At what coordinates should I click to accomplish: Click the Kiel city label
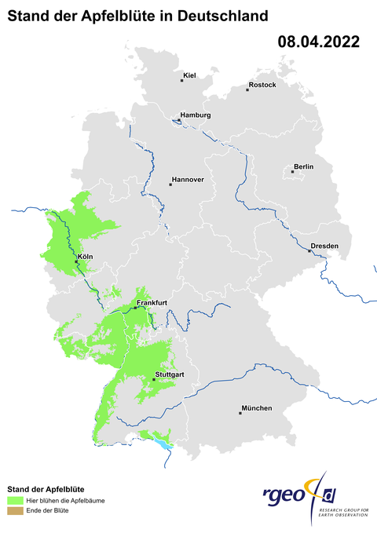click(x=189, y=76)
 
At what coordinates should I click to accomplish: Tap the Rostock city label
click(x=262, y=85)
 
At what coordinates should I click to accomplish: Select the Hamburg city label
click(x=196, y=115)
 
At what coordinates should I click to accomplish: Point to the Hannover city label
click(x=188, y=180)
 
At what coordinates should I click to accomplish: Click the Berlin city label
click(x=303, y=166)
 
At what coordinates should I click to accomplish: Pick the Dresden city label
click(x=324, y=246)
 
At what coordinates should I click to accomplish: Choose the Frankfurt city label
click(x=152, y=302)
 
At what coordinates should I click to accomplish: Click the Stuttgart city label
click(x=170, y=374)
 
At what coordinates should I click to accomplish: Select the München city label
click(x=257, y=407)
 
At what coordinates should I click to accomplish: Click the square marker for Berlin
click(x=292, y=171)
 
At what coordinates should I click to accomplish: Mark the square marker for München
click(x=240, y=412)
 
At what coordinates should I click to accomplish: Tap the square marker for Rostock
click(x=247, y=90)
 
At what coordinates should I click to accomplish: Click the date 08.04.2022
click(x=318, y=42)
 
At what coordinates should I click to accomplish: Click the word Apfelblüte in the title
click(x=110, y=15)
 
